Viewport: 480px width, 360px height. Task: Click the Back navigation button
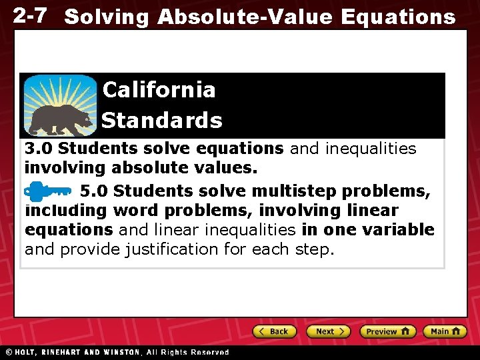click(273, 331)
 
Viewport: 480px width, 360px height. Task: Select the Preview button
click(387, 331)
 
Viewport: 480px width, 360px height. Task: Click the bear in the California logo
click(61, 119)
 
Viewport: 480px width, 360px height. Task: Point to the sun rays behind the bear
click(60, 90)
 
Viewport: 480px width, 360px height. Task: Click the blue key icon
click(47, 191)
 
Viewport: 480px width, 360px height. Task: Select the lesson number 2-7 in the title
click(30, 16)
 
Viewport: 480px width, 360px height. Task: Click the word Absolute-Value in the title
click(244, 17)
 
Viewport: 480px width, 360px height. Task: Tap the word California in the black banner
click(159, 89)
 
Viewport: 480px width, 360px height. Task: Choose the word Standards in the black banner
click(162, 121)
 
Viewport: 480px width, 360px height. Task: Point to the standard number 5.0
click(94, 191)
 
